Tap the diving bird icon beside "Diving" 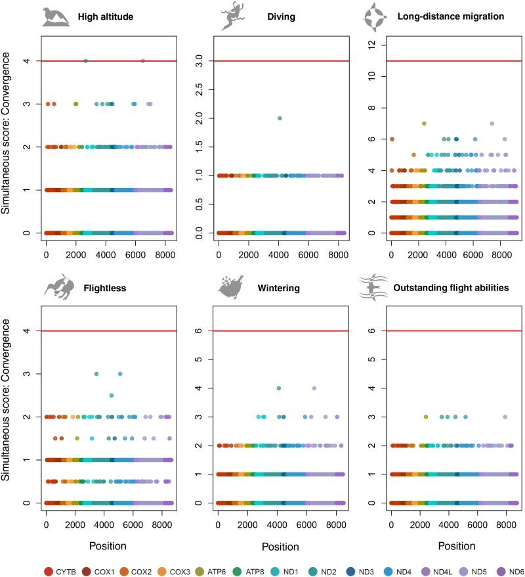click(x=232, y=16)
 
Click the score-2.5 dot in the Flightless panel click(x=112, y=396)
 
